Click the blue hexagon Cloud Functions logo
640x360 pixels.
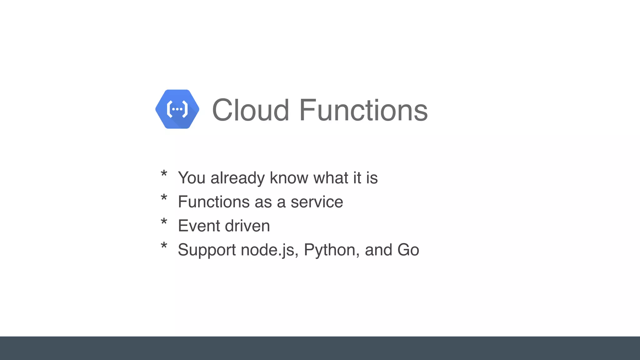[x=177, y=109]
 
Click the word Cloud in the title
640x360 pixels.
[x=250, y=110]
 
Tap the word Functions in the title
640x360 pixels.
[x=363, y=110]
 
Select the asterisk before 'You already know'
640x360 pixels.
[x=164, y=174]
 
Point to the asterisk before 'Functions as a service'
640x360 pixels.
[x=164, y=198]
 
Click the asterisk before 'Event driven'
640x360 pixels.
[x=164, y=222]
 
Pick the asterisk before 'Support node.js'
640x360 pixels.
[x=164, y=246]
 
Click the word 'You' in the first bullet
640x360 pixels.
[x=192, y=178]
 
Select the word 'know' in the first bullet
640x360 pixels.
[x=289, y=178]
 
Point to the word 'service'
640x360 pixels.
[x=317, y=202]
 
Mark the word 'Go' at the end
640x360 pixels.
[x=408, y=250]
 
